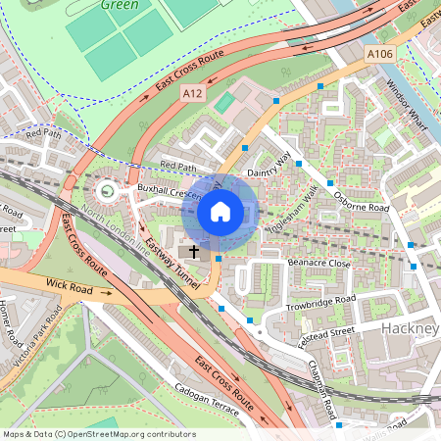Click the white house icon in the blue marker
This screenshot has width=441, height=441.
coord(220,211)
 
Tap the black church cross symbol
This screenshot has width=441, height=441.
coord(193,252)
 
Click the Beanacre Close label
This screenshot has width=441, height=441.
coord(319,264)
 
